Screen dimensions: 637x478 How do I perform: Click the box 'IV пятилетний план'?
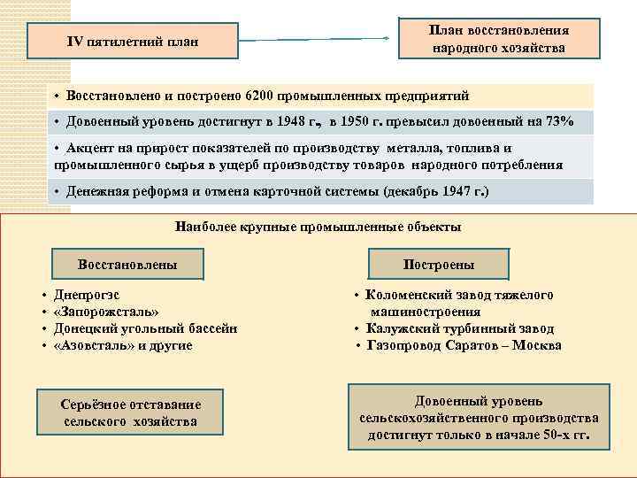tap(134, 42)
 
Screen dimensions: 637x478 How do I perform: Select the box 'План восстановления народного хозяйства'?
tap(498, 39)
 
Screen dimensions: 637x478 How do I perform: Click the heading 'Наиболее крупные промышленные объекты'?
tap(318, 227)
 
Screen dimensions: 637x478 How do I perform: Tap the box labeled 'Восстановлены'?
tap(127, 264)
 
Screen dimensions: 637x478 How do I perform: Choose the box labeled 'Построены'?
tap(439, 265)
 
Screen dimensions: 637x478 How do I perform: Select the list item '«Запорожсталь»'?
tap(107, 312)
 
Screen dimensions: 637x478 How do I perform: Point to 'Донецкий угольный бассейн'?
tap(145, 328)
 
